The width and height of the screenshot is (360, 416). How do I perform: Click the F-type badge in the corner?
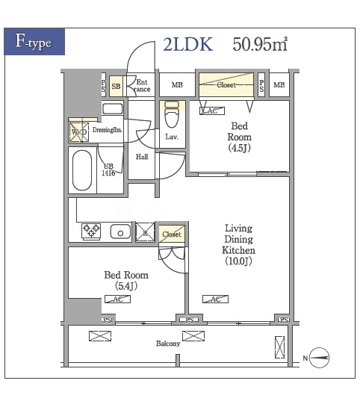(33, 41)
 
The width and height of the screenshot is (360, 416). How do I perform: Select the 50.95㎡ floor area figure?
(260, 44)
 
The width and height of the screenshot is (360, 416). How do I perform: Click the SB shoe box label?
(116, 86)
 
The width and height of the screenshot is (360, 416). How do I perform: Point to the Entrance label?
(142, 86)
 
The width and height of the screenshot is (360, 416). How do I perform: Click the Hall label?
(141, 157)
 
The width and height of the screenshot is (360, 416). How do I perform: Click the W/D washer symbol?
(79, 132)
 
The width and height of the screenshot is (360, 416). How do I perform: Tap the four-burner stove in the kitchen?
(91, 231)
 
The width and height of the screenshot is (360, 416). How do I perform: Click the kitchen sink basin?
(120, 231)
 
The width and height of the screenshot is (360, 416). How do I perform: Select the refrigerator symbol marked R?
(145, 232)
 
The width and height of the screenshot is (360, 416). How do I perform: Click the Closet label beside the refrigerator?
(172, 234)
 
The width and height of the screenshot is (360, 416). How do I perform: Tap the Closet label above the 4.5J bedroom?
(226, 85)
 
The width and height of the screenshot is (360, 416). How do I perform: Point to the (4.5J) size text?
(240, 148)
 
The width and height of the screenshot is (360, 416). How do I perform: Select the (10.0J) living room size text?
(240, 261)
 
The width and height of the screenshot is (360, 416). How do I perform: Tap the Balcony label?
(167, 344)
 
